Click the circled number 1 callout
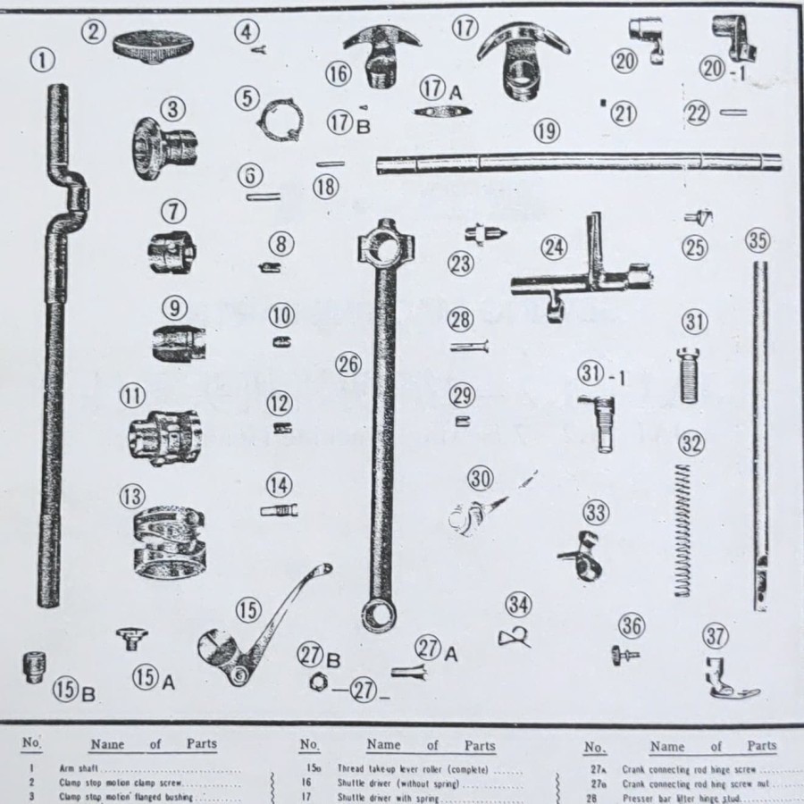[x=42, y=61]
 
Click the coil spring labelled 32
[x=683, y=527]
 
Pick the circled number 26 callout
[x=348, y=364]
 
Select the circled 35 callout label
[x=758, y=240]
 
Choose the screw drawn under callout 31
[x=688, y=375]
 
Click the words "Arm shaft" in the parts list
[x=78, y=767]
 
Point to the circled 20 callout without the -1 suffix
[x=624, y=61]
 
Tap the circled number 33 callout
[x=596, y=513]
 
